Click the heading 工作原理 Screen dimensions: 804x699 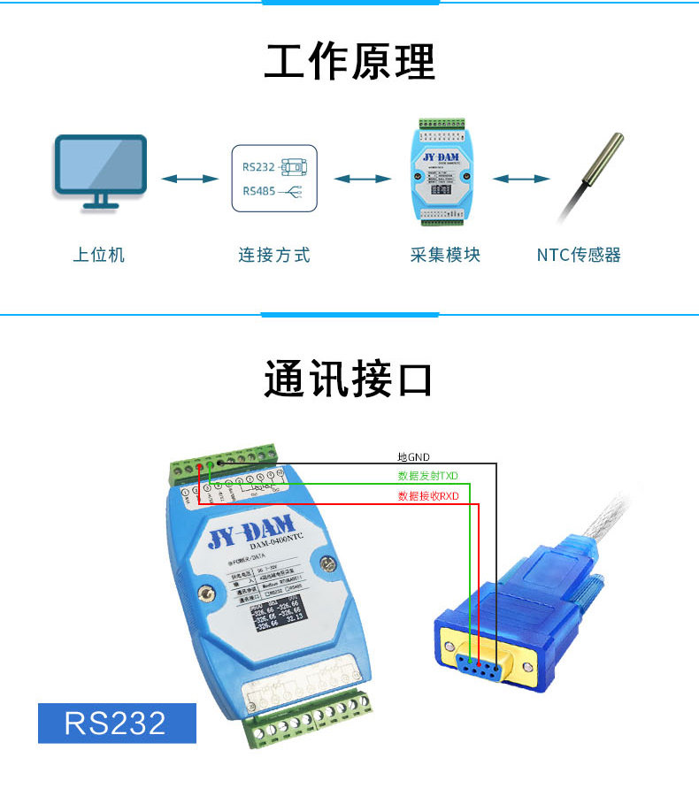coord(349,62)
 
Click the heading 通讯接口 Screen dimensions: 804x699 coord(349,379)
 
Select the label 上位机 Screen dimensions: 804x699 coord(99,256)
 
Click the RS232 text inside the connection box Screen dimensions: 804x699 coord(258,165)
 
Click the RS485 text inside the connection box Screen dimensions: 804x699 coord(258,191)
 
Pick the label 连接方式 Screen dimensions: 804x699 coord(274,256)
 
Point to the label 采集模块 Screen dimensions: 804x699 coord(445,256)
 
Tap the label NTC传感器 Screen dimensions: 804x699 coord(579,256)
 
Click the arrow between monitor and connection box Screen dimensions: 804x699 coord(189,179)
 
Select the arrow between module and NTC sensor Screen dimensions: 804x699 coord(522,179)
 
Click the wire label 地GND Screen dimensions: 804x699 coord(413,457)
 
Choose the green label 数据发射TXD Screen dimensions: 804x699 coord(428,476)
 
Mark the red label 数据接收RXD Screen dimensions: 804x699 coord(428,496)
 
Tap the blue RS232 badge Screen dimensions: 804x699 coord(116,723)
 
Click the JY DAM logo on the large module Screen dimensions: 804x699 coord(245,532)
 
